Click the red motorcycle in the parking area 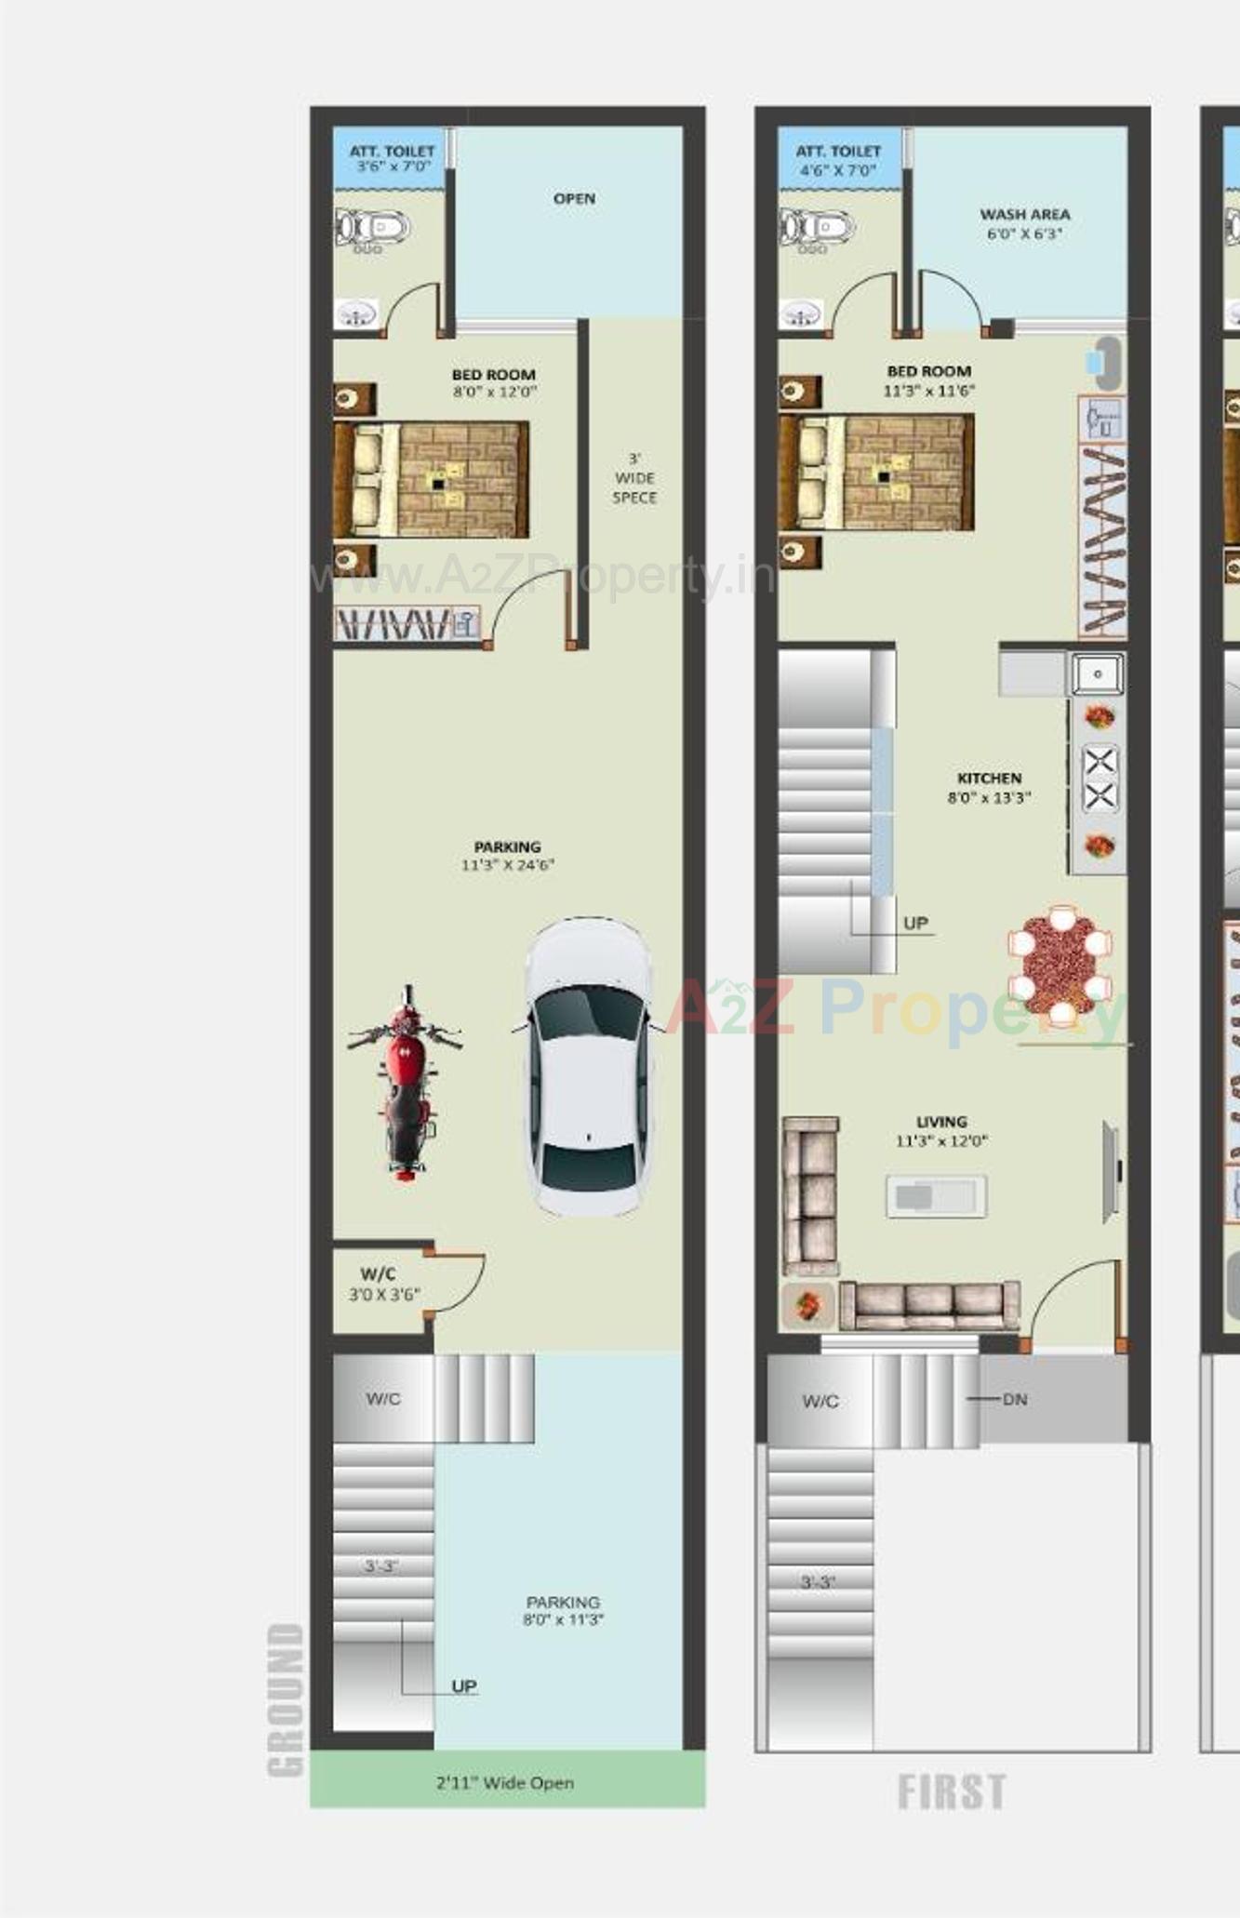(x=406, y=1085)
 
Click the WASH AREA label (x=1024, y=223)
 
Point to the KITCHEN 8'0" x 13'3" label (x=989, y=787)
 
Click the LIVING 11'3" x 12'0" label (x=941, y=1131)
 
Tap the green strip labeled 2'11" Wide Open (x=506, y=1782)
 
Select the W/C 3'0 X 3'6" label (x=383, y=1284)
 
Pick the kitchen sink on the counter (x=1098, y=673)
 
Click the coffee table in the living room (x=936, y=1196)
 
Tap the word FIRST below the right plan (x=951, y=1791)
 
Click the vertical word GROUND (x=286, y=1700)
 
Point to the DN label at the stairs (x=1014, y=1399)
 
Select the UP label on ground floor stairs (x=463, y=1686)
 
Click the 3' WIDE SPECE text (x=634, y=478)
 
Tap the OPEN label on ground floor (x=574, y=198)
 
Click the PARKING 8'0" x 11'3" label (x=563, y=1610)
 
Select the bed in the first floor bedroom (x=876, y=473)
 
